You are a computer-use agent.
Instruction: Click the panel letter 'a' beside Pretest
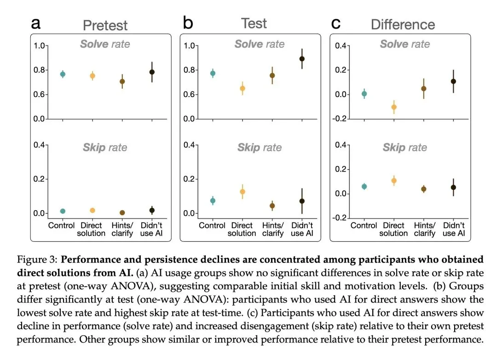tap(35, 23)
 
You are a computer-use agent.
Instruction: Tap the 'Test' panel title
tap(254, 23)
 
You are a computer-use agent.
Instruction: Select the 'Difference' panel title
tap(403, 24)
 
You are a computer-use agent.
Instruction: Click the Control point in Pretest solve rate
tap(63, 74)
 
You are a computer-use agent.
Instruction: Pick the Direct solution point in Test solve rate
tap(243, 88)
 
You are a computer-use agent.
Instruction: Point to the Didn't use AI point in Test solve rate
tap(302, 59)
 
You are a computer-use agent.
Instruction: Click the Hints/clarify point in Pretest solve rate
tap(122, 81)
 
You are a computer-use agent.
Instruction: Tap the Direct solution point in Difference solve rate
tap(393, 107)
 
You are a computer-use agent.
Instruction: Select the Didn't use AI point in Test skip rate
tap(302, 201)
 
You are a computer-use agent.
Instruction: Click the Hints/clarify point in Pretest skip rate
tap(122, 213)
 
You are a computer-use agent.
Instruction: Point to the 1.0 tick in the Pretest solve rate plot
tap(40, 46)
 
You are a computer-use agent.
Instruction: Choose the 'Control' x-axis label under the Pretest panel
tap(62, 226)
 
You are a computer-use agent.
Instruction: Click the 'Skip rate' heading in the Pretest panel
tap(105, 148)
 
